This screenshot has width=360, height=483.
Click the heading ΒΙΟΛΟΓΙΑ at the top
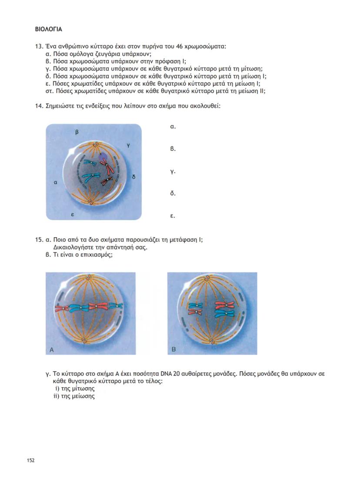pyautogui.click(x=49, y=30)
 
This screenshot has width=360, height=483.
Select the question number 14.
pyautogui.click(x=39, y=106)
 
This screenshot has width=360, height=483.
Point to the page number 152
pyautogui.click(x=31, y=460)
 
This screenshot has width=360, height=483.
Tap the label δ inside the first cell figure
pyautogui.click(x=134, y=177)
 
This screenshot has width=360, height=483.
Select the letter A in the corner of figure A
pyautogui.click(x=52, y=349)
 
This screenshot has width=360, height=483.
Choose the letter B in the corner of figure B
pyautogui.click(x=173, y=349)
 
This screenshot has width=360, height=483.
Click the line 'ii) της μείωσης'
pyautogui.click(x=73, y=396)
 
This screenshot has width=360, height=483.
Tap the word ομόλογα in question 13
pyautogui.click(x=83, y=54)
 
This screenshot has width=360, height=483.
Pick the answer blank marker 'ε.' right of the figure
pyautogui.click(x=173, y=216)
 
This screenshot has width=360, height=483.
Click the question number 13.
pyautogui.click(x=39, y=46)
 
